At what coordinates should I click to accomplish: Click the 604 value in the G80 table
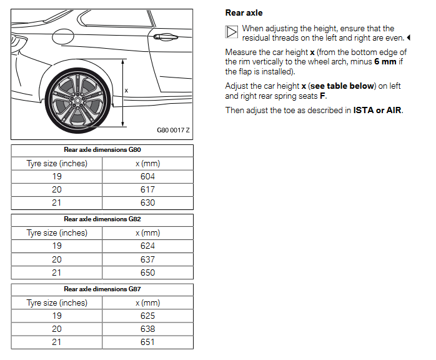pos(147,176)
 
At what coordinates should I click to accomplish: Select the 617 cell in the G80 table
pos(147,189)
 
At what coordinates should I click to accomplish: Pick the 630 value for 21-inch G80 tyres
pos(147,202)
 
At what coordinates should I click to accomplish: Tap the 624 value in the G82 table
pos(147,246)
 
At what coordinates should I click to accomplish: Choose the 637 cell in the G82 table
pos(147,259)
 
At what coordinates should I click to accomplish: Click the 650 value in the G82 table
pos(147,272)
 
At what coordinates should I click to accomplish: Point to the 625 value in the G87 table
pos(147,316)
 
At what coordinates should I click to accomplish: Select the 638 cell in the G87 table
pos(147,329)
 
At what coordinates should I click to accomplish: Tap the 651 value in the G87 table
pos(147,342)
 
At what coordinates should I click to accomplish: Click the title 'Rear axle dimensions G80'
pos(102,150)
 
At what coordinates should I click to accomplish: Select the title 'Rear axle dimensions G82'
pos(102,219)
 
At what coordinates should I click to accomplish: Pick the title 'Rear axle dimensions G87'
pos(102,289)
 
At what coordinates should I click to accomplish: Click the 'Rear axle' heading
pos(244,12)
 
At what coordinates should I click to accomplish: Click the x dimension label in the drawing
pos(126,91)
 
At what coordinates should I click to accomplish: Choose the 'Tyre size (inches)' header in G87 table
pos(57,302)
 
